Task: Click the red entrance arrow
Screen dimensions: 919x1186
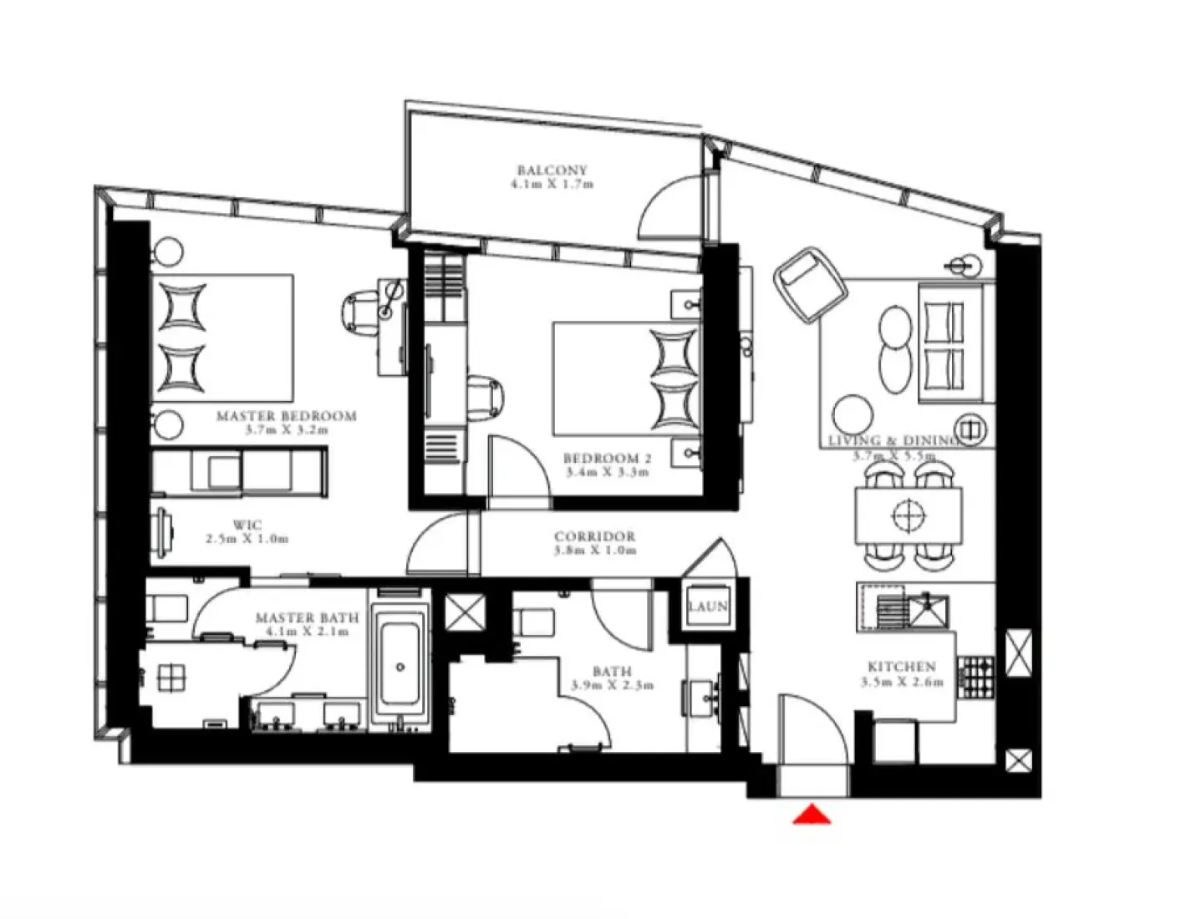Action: click(x=811, y=815)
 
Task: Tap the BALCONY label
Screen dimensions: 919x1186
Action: click(x=552, y=170)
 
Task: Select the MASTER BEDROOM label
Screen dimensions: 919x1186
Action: click(x=286, y=416)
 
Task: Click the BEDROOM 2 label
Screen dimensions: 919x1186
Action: click(x=607, y=459)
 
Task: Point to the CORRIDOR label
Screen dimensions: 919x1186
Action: click(x=594, y=536)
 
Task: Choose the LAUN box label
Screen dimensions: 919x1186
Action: click(x=708, y=607)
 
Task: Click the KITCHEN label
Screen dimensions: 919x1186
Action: click(x=901, y=667)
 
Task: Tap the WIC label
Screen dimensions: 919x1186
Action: click(x=247, y=526)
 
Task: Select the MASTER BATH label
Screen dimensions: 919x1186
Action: click(x=307, y=618)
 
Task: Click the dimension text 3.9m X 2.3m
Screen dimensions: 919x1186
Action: click(x=612, y=685)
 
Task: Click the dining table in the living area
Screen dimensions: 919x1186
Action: click(x=909, y=515)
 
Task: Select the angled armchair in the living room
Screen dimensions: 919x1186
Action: click(x=809, y=283)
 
